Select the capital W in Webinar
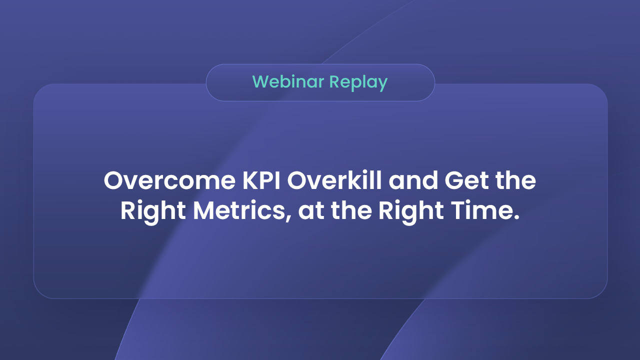pyautogui.click(x=260, y=82)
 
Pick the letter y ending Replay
pyautogui.click(x=382, y=84)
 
